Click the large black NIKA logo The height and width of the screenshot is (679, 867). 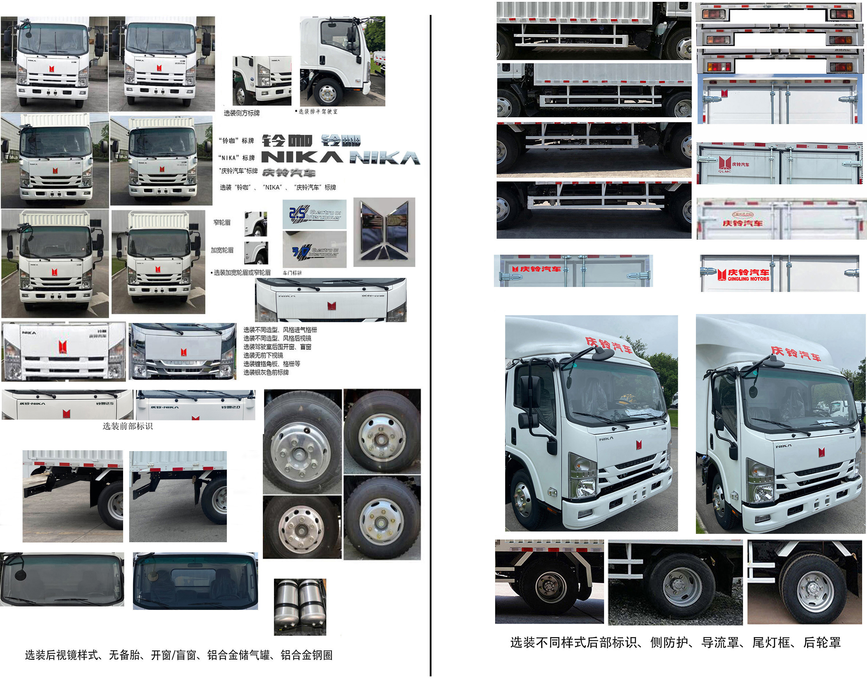pyautogui.click(x=302, y=157)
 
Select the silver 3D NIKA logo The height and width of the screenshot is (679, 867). pyautogui.click(x=385, y=158)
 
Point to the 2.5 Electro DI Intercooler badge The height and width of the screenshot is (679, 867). pyautogui.click(x=314, y=214)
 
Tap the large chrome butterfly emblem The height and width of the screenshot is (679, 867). pyautogui.click(x=384, y=232)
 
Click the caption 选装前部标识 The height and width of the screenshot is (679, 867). pyautogui.click(x=127, y=427)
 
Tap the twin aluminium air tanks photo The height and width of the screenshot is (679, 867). pyautogui.click(x=300, y=607)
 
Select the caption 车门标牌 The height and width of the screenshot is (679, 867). pyautogui.click(x=292, y=273)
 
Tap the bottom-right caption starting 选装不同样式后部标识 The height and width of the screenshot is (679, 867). pyautogui.click(x=675, y=643)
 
